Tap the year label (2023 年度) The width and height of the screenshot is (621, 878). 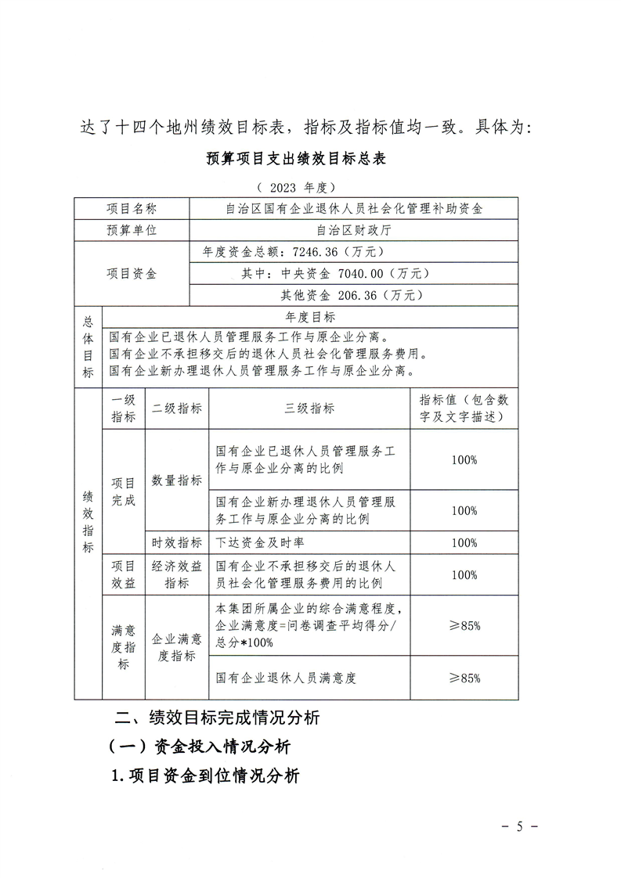[296, 188]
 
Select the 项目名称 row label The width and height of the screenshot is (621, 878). [132, 209]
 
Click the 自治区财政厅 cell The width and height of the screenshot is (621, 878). [354, 230]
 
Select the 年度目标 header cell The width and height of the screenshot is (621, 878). [310, 317]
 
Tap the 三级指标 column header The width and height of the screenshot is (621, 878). [309, 408]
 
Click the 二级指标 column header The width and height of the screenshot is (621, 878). [177, 408]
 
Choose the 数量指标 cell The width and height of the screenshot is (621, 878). [177, 480]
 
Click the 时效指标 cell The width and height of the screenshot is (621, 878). [177, 542]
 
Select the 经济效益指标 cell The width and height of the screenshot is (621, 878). [177, 574]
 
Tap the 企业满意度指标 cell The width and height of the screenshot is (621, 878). [177, 647]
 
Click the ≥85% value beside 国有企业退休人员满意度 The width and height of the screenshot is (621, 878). [464, 678]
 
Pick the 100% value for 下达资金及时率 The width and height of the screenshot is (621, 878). [464, 542]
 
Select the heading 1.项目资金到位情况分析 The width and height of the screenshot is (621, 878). [206, 776]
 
